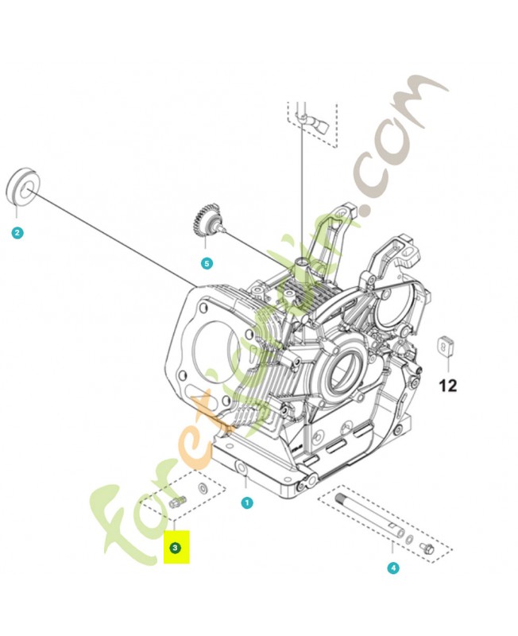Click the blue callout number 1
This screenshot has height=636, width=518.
point(247,502)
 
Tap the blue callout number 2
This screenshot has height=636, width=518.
point(17,233)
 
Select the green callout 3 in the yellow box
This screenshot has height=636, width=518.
point(176,548)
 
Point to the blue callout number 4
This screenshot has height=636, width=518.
point(392,568)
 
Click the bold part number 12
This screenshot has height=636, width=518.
point(448,386)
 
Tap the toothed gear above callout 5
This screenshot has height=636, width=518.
point(206,219)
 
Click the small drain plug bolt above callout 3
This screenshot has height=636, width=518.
point(178,502)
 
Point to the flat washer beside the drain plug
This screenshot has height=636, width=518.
point(203,486)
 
